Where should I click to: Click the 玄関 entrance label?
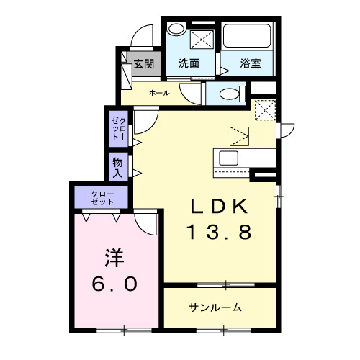click(144, 63)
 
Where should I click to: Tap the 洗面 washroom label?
click(189, 63)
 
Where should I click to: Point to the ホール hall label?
click(159, 94)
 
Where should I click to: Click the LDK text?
click(220, 207)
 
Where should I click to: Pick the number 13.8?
click(220, 232)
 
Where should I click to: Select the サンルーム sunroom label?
click(215, 307)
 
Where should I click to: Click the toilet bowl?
click(228, 94)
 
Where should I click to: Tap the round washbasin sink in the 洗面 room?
click(176, 30)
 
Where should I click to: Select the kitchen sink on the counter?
click(229, 158)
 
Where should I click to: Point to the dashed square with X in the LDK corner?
click(266, 110)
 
